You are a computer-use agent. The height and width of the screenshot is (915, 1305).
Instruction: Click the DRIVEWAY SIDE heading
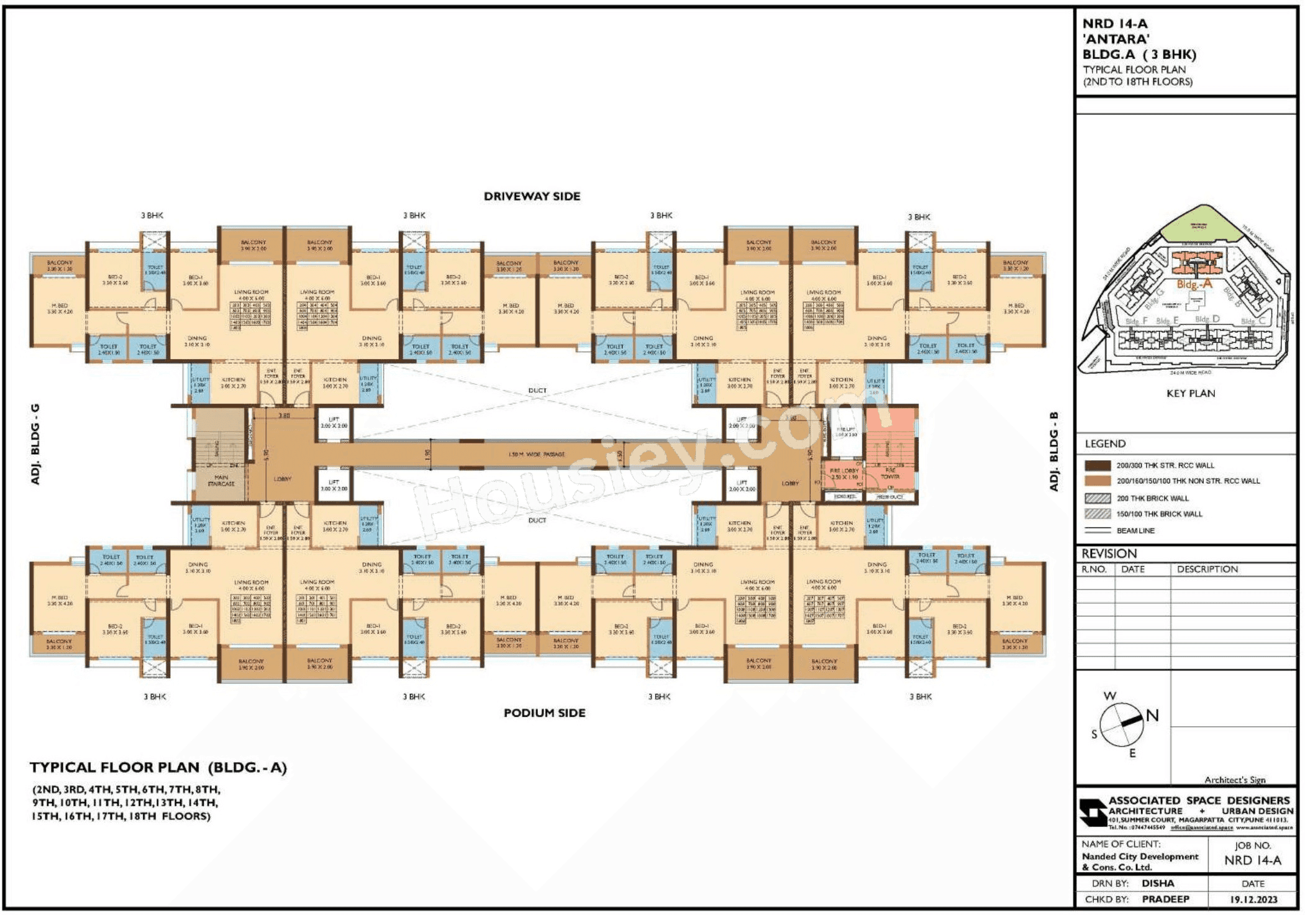pos(532,196)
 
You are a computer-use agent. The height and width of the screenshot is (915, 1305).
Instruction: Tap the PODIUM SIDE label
pos(544,713)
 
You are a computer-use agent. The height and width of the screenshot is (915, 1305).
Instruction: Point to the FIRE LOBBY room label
pos(843,474)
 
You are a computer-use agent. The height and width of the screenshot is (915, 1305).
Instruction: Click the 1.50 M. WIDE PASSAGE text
pos(537,455)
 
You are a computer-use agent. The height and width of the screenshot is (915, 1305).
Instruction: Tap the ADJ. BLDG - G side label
pos(35,444)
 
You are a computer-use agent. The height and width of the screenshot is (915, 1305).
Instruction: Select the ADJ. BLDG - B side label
pos(1053,451)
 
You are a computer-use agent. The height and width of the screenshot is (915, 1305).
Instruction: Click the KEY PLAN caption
pos(1190,393)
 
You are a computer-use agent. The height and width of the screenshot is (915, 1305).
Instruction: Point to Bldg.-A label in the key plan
pos(1194,284)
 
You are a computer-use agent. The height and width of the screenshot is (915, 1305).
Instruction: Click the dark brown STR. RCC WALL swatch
pos(1098,465)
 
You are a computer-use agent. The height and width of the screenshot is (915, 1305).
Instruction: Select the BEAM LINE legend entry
pos(1135,530)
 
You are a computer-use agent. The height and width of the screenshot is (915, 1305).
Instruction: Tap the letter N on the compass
pos(1152,716)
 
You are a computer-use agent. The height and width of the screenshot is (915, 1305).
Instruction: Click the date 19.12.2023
pos(1253,899)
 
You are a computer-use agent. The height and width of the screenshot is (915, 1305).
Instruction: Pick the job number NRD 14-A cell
pos(1252,860)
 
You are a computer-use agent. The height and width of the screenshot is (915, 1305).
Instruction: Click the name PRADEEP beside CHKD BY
pos(1165,899)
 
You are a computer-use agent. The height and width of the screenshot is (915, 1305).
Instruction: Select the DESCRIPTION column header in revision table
pos(1207,569)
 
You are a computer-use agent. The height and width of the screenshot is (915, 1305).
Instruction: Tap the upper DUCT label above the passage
pos(537,391)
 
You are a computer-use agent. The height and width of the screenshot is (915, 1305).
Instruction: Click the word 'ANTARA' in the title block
pos(1116,39)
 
